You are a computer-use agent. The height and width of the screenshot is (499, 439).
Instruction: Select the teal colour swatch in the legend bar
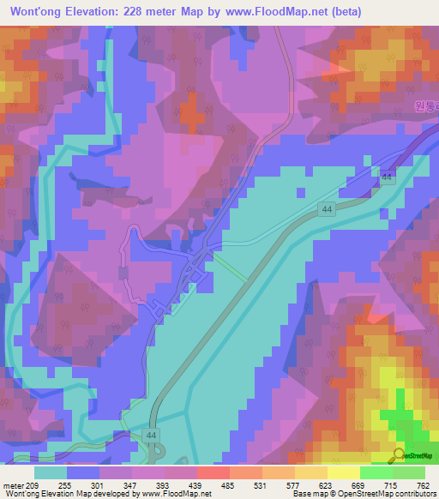coord(51,472)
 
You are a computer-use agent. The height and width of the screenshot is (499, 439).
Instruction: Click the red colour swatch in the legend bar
coord(213,472)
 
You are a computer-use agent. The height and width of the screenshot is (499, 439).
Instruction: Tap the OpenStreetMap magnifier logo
coord(400,454)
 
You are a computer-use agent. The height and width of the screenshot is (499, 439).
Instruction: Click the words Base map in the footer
coord(307,493)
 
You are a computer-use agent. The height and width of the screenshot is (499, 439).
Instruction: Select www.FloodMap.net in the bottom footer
coord(175,493)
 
